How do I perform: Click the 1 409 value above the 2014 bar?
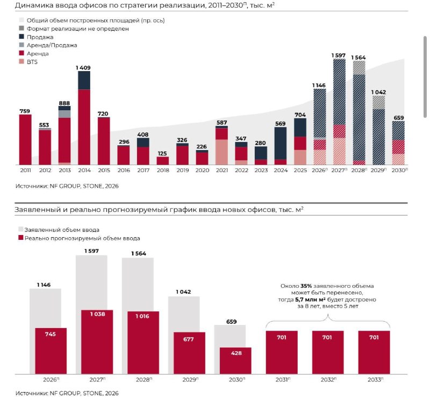pyautogui.click(x=83, y=68)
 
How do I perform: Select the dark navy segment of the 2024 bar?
pyautogui.click(x=280, y=143)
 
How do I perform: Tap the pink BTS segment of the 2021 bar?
pyautogui.click(x=221, y=152)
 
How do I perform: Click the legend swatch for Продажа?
pyautogui.click(x=21, y=37)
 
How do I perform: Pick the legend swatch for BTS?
pyautogui.click(x=21, y=61)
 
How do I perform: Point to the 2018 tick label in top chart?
pyautogui.click(x=163, y=170)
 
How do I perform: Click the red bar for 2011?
pyautogui.click(x=25, y=140)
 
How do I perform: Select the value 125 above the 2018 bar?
pyautogui.click(x=162, y=153)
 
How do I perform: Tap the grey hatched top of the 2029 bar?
pyautogui.click(x=378, y=102)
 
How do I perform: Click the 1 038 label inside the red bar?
pyautogui.click(x=98, y=314)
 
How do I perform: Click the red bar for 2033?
pyautogui.click(x=374, y=352)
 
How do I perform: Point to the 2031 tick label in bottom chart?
pyautogui.click(x=283, y=380)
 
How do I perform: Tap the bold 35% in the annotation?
pyautogui.click(x=306, y=286)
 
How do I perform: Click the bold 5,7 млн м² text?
pyautogui.click(x=311, y=300)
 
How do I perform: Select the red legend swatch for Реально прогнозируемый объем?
pyautogui.click(x=21, y=238)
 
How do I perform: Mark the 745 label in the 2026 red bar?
pyautogui.click(x=51, y=334)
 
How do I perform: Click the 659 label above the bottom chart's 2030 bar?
pyautogui.click(x=232, y=322)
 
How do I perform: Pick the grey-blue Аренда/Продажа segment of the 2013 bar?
pyautogui.click(x=64, y=114)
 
